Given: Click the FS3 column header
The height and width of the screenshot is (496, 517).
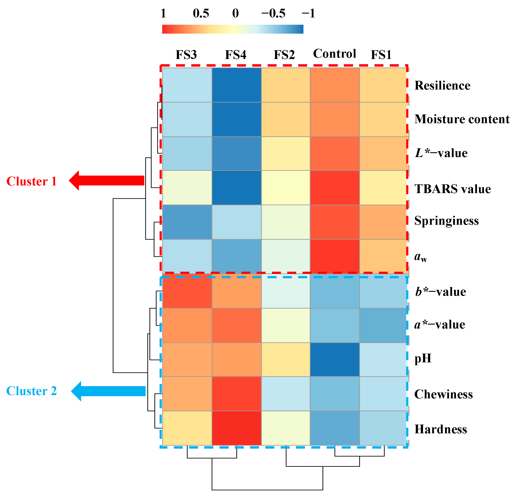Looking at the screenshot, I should tap(186, 55).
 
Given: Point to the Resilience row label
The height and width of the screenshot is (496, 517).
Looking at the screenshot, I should tap(442, 85).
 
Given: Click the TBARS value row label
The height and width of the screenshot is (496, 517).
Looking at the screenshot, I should tap(452, 189).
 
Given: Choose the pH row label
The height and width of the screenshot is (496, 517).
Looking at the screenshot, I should tap(423, 358).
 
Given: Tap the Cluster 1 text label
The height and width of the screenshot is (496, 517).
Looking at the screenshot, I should tap(32, 181).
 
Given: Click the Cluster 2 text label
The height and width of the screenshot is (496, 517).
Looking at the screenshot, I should tap(32, 391).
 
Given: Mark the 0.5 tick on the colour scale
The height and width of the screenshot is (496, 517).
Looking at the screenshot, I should tap(201, 13).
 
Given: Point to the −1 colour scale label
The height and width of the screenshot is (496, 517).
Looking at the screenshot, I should tap(308, 13).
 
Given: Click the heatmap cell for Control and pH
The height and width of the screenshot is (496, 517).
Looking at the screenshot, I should tap(335, 359).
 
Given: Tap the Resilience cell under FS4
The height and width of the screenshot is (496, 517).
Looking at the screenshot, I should tap(237, 85).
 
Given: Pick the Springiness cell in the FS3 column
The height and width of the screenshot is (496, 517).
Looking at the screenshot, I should tap(187, 222).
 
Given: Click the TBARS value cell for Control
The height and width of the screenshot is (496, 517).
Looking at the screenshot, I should tap(335, 188).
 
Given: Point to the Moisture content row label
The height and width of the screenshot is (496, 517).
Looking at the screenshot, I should tap(462, 119).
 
